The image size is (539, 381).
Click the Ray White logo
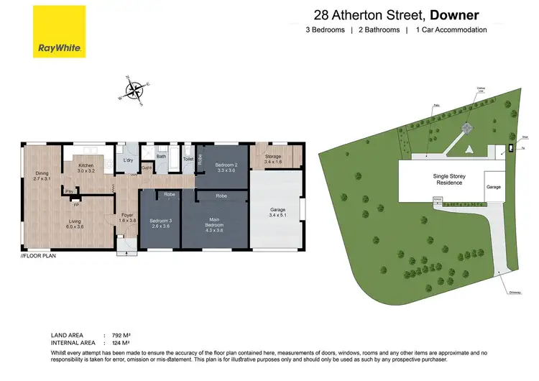[60, 32]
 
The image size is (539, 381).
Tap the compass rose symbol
[134, 91]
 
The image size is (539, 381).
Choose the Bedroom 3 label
[161, 224]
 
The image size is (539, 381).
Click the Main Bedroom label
[214, 224]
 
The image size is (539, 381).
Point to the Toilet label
[188, 158]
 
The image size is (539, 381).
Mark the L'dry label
[129, 160]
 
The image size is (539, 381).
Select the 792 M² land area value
[121, 336]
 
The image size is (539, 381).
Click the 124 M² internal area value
[121, 342]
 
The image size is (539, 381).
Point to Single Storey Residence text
[448, 179]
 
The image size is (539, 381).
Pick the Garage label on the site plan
[493, 186]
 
